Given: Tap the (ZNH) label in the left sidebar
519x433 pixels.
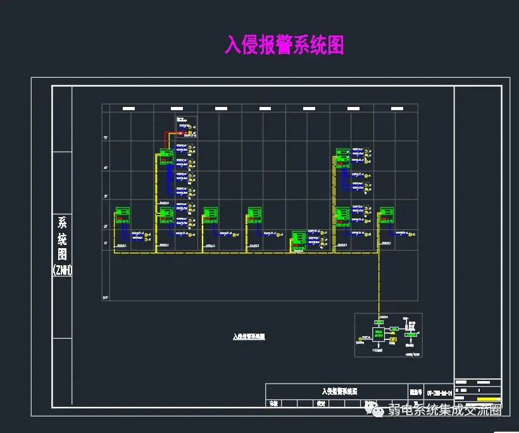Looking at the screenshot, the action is coord(62,270).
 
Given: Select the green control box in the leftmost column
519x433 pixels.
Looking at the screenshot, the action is coord(122,213).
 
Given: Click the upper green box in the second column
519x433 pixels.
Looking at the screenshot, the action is coord(166,154).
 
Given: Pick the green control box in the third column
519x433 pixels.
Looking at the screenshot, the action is coord(210,213).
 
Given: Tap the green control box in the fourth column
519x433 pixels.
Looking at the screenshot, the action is coord(254,213).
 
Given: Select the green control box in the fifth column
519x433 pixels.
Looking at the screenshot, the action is coord(298,239).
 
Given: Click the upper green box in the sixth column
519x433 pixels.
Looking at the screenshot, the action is coord(342,154).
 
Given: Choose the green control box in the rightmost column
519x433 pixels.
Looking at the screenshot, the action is coord(387,213).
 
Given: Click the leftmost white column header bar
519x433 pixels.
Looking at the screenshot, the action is coord(128,109).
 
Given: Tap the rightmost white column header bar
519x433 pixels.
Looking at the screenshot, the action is coord(394,109).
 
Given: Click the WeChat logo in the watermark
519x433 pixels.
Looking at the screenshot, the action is coord(378,411).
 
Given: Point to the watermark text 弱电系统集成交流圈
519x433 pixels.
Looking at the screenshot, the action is coord(444,410).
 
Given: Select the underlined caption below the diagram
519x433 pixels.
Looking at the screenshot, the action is coord(250,337).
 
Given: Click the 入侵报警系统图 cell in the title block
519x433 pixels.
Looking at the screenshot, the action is coord(335,391).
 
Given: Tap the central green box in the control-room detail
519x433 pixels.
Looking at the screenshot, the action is coord(378,334).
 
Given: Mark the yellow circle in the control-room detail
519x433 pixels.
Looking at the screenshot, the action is coord(361,339).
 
